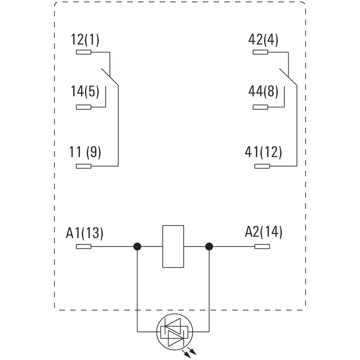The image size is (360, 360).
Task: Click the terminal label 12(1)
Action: [85, 40]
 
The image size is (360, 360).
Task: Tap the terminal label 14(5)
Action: [85, 92]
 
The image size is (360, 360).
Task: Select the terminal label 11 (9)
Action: [85, 152]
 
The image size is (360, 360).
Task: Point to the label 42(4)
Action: [263, 40]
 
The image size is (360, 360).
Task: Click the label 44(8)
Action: [263, 92]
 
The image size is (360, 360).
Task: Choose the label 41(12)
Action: [263, 152]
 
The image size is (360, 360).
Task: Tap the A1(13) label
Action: [85, 233]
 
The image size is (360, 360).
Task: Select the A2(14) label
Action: [264, 232]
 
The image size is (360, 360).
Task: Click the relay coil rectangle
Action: [173, 246]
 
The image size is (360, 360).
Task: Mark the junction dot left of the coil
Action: [138, 247]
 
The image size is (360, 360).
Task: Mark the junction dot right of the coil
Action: [209, 247]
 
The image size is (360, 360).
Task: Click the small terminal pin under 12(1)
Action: [84, 52]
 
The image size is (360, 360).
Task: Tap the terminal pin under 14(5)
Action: [84, 107]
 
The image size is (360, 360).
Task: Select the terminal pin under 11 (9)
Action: [84, 166]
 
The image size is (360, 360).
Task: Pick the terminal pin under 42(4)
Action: [260, 52]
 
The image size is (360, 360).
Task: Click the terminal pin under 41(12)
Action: [262, 166]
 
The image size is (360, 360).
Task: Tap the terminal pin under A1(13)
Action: [84, 247]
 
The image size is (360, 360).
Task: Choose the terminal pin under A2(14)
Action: [262, 247]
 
